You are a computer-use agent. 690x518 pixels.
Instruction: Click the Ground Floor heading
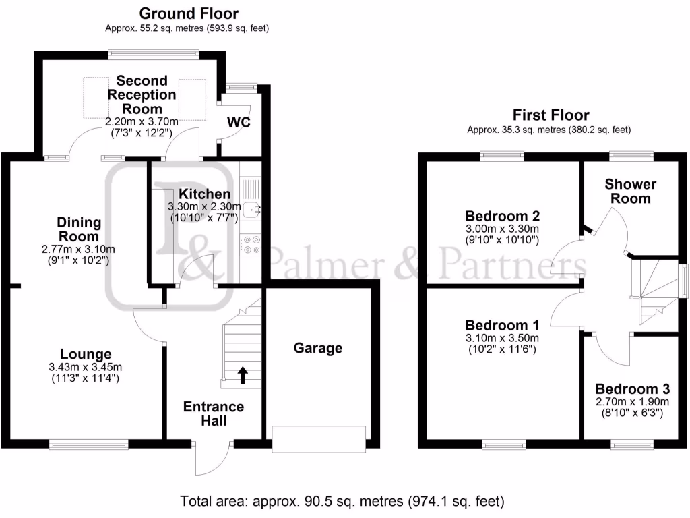(189, 13)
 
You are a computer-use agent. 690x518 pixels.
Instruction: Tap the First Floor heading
(551, 115)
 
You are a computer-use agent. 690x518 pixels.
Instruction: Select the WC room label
(239, 122)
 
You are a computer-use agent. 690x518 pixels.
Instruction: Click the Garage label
(318, 348)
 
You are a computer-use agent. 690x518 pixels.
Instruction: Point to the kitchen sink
(251, 210)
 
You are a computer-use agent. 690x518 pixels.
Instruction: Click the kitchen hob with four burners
(250, 245)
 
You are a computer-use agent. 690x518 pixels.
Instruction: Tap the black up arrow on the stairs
(243, 375)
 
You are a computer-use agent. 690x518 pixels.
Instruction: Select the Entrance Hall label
(214, 413)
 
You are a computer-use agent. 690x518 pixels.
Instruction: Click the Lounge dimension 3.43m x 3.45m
(86, 367)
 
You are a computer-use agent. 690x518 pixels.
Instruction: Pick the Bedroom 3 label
(632, 389)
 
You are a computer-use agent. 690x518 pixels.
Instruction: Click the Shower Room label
(630, 191)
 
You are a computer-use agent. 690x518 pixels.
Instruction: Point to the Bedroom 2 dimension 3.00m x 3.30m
(502, 229)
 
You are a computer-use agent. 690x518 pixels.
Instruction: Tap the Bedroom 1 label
(502, 325)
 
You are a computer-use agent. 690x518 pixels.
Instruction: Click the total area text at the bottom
(342, 501)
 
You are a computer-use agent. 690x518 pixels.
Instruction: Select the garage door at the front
(319, 438)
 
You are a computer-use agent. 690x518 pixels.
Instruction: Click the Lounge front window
(89, 444)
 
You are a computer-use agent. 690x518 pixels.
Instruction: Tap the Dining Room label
(79, 229)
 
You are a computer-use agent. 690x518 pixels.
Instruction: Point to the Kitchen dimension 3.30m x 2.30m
(204, 206)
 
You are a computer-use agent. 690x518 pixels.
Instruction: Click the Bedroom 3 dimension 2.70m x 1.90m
(632, 402)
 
